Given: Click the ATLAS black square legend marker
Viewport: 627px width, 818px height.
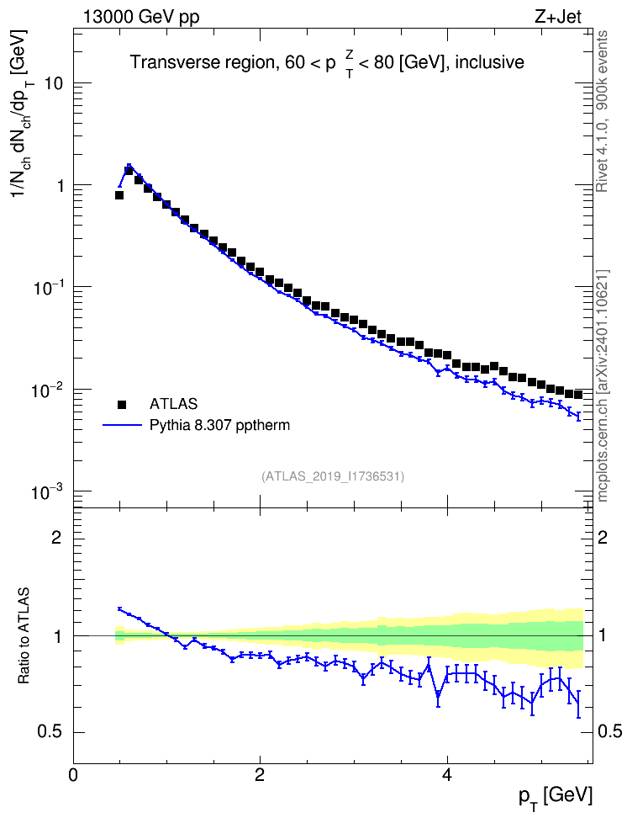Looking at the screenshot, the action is (x=122, y=404).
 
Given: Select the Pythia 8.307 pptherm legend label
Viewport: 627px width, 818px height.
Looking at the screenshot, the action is (x=219, y=425).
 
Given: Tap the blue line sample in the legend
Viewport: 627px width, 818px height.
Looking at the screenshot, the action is (x=122, y=425).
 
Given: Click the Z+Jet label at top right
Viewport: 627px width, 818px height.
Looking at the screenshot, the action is (x=558, y=17).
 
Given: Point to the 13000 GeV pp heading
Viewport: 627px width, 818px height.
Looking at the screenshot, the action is (x=141, y=17).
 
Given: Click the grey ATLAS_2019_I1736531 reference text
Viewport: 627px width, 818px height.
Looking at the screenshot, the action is (x=333, y=476).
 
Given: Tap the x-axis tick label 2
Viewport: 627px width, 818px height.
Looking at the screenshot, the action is (x=260, y=775).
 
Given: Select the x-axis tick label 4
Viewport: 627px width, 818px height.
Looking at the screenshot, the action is (x=446, y=775).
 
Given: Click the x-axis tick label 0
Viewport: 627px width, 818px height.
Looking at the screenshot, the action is (x=73, y=775).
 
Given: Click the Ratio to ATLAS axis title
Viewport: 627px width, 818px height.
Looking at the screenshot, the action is (x=24, y=635).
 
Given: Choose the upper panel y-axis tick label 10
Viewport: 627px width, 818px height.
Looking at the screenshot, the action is (x=54, y=83).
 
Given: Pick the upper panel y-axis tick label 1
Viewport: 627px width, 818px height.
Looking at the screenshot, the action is (x=61, y=186).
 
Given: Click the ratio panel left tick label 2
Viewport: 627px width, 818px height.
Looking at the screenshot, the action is (x=57, y=537).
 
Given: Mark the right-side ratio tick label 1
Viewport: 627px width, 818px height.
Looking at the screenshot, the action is (x=603, y=635).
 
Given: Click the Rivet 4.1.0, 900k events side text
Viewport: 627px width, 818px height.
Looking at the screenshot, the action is (x=602, y=111).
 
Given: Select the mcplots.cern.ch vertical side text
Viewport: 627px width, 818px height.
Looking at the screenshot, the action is (x=603, y=386).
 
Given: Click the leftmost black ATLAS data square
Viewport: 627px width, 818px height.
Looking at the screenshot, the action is (x=119, y=195).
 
